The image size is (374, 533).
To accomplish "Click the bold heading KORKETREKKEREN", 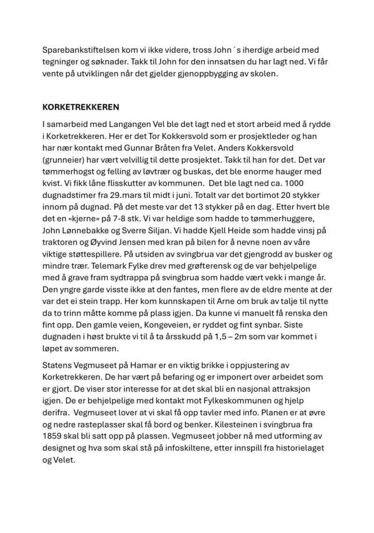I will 80,107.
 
